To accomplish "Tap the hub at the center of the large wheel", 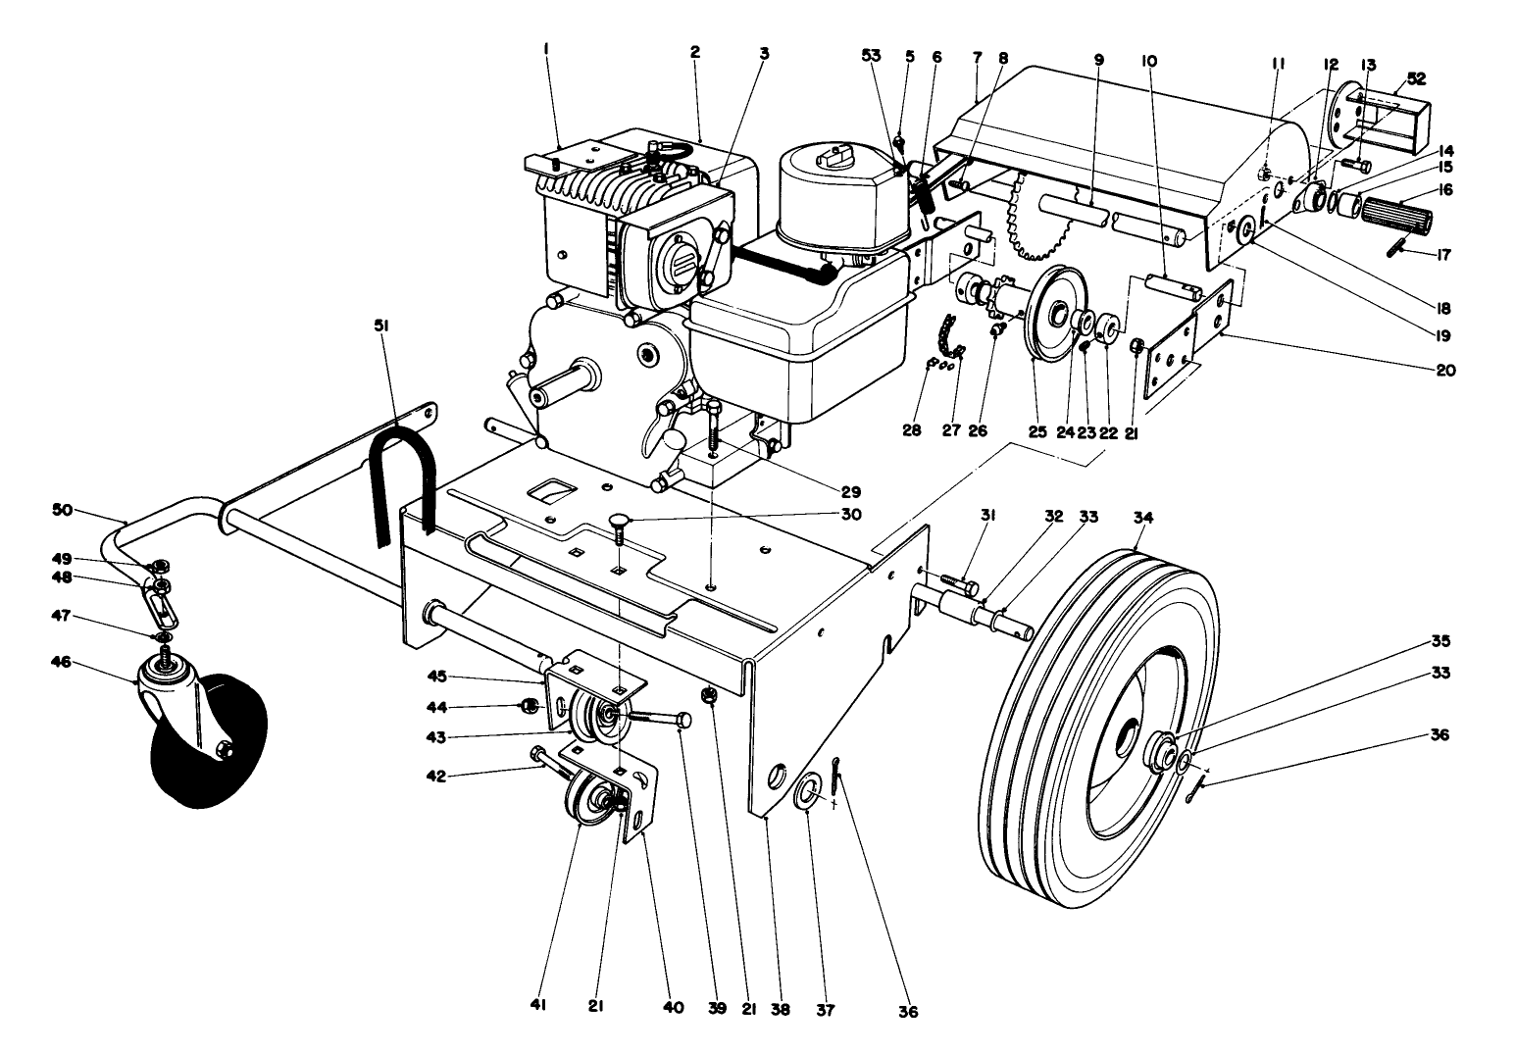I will pyautogui.click(x=1163, y=753).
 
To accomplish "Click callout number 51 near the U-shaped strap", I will pyautogui.click(x=381, y=326).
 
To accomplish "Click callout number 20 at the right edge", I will pyautogui.click(x=1446, y=371).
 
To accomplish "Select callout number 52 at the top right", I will pyautogui.click(x=1417, y=77).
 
